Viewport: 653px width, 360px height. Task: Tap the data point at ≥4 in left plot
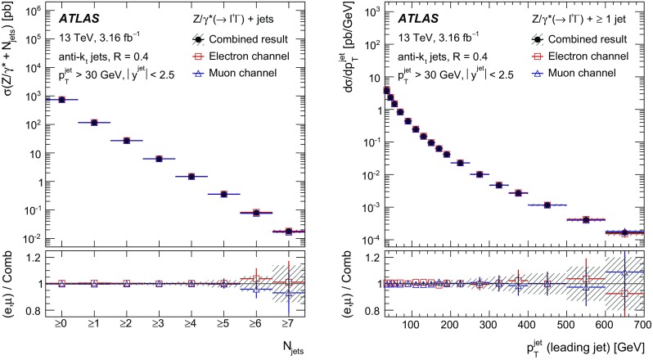coord(191,176)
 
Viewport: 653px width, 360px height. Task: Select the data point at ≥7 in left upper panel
coord(287,232)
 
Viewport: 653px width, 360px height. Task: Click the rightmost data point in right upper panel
coord(534,233)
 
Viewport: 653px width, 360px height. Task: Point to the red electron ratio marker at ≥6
coord(255,279)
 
